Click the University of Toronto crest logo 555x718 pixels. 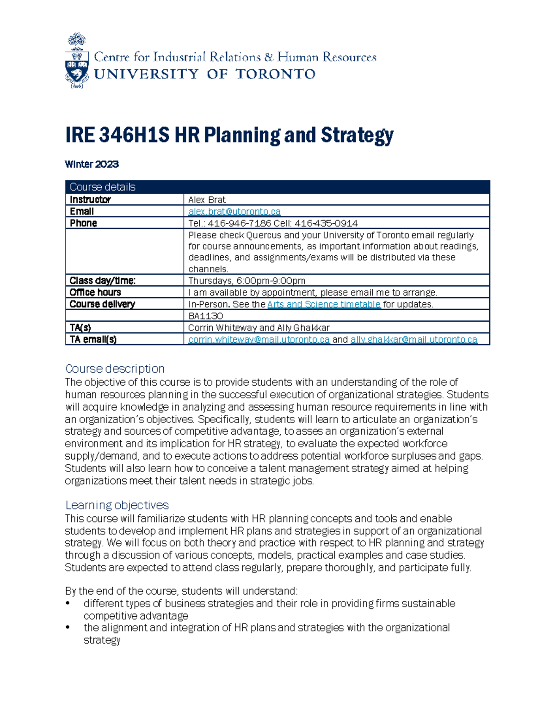coord(77,61)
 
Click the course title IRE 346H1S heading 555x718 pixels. coord(229,135)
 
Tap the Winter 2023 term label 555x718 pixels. coord(92,164)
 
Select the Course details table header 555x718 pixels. coord(103,187)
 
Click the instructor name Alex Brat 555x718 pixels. coord(207,200)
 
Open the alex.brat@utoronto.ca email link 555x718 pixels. coord(234,211)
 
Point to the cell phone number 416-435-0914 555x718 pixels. coord(326,223)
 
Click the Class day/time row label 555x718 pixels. coord(102,281)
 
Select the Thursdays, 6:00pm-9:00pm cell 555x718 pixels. coord(247,281)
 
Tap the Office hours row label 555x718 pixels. coord(95,292)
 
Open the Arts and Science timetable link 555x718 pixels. coord(324,304)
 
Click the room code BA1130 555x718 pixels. coord(205,316)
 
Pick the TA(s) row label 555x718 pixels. coord(80,328)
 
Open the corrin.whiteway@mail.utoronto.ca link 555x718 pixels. coord(259,339)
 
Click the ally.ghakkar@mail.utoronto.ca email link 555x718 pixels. coord(413,339)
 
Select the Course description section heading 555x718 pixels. coord(115,368)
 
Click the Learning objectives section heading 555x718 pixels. coord(117,505)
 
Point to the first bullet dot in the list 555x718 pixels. coord(68,603)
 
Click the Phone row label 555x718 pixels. coord(83,223)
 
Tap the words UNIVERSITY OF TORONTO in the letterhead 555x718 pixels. coord(205,74)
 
